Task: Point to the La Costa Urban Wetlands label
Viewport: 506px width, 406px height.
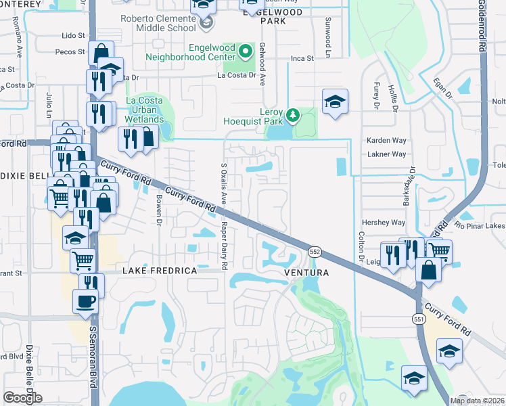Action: coord(144,110)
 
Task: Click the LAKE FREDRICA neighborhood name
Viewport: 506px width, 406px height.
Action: coord(159,271)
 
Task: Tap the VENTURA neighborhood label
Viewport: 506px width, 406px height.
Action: coord(306,273)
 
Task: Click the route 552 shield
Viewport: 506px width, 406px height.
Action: coord(315,251)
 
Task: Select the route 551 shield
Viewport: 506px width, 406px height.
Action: coord(419,317)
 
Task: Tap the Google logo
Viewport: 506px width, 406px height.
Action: coord(22,398)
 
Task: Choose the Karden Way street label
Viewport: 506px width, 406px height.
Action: coord(386,140)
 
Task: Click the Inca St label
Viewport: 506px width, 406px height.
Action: coord(302,59)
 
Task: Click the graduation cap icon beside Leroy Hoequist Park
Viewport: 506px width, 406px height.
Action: coord(335,101)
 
